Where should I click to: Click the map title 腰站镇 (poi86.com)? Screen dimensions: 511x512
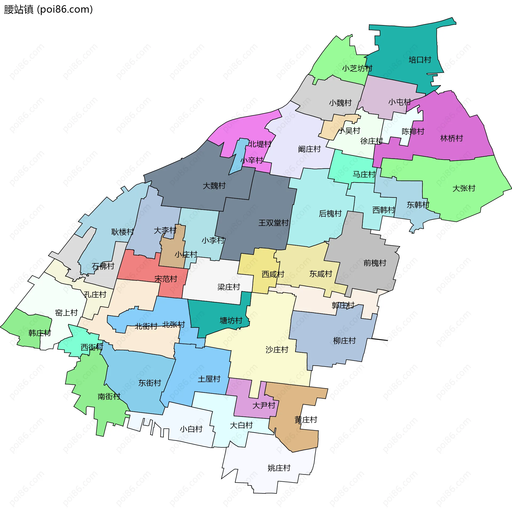(48, 9)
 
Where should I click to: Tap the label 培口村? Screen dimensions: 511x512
(420, 60)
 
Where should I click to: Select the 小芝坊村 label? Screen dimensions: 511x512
(357, 68)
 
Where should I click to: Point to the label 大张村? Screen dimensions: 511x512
(464, 188)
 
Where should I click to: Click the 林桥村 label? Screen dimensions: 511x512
(451, 138)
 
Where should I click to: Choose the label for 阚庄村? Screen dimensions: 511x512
(309, 149)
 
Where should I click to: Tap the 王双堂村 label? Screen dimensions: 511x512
(274, 223)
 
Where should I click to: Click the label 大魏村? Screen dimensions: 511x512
(214, 186)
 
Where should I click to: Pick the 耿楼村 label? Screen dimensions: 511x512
(122, 232)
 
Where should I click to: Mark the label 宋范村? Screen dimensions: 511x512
(166, 279)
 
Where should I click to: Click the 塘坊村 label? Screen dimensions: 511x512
(231, 320)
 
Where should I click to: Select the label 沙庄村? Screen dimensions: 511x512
(277, 349)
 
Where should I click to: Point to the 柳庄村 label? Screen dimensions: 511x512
(344, 341)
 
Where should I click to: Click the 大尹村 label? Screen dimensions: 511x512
(263, 405)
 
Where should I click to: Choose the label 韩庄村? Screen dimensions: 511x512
(39, 333)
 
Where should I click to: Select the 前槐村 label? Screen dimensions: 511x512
(375, 263)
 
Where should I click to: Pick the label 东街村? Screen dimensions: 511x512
(150, 383)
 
